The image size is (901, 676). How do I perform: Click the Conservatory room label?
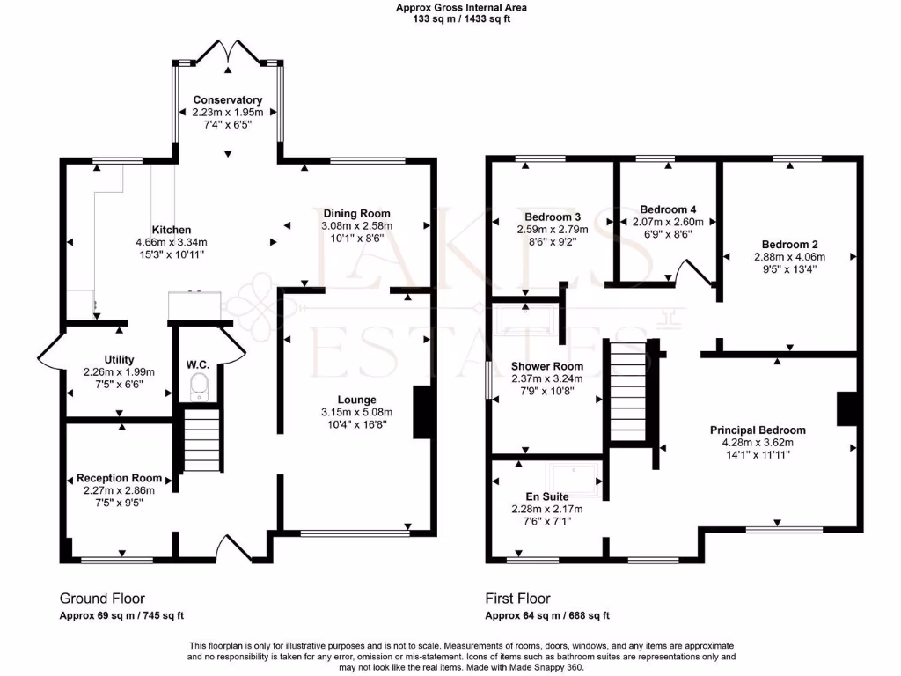point(228,100)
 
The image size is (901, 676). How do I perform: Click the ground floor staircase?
point(201,445)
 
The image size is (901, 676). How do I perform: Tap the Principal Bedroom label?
point(758,430)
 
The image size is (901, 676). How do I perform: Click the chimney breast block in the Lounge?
point(422,411)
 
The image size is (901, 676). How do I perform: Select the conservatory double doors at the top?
point(228,55)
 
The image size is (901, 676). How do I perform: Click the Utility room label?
point(119,359)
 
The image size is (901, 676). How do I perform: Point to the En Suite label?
point(547,496)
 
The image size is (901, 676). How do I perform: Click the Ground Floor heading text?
point(102,599)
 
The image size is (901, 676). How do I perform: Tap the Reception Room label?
point(119,478)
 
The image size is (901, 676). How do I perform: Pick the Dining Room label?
point(356,214)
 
